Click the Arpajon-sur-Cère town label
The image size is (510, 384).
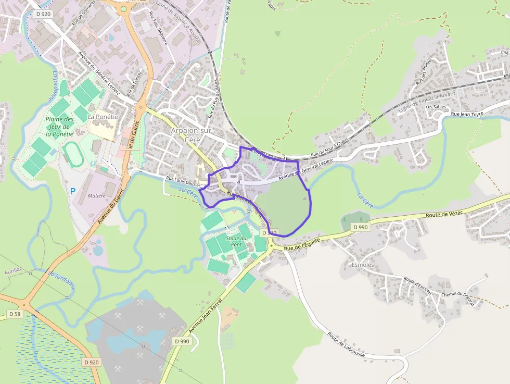(x=192, y=135)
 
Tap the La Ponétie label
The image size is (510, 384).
(x=103, y=117)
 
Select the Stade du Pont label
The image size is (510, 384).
(x=236, y=241)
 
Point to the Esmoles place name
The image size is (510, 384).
(x=363, y=264)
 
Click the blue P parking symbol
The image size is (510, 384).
(x=72, y=191)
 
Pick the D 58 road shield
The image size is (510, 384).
(x=15, y=314)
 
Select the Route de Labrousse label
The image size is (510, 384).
(x=348, y=344)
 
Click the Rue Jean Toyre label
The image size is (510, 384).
(x=467, y=114)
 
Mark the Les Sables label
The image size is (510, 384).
(x=436, y=107)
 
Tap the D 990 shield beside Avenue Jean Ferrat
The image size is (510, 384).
(x=182, y=341)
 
